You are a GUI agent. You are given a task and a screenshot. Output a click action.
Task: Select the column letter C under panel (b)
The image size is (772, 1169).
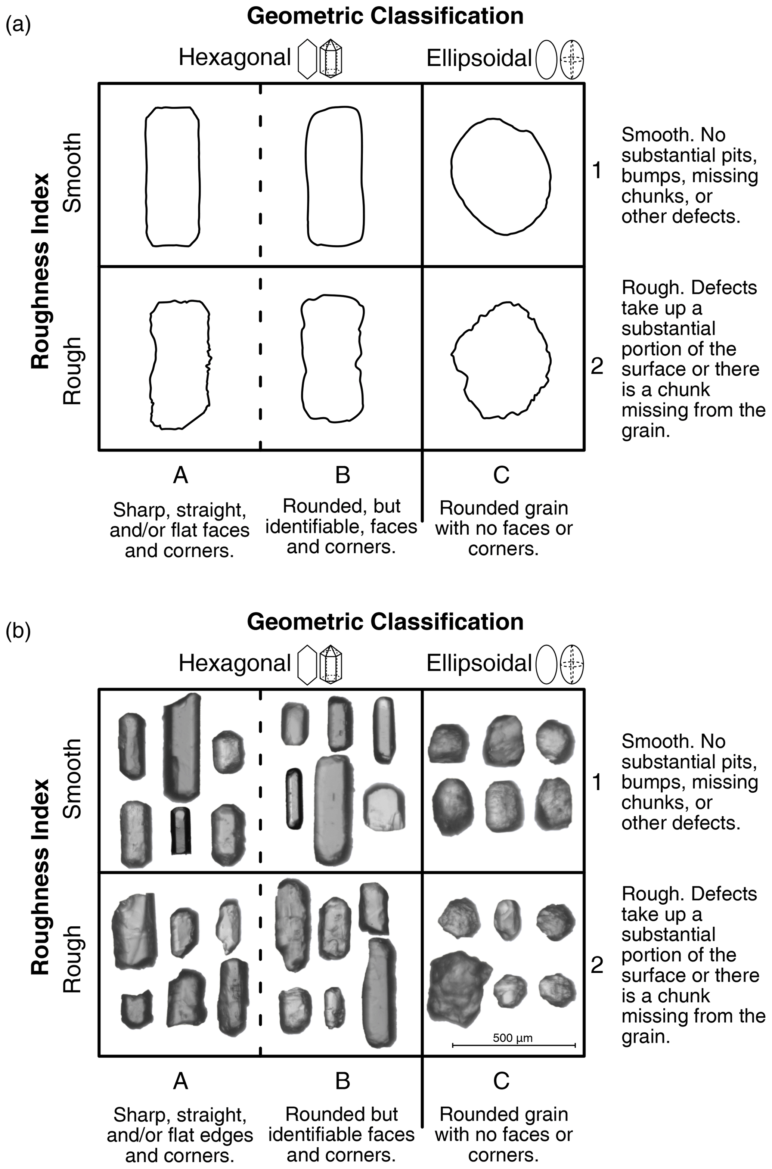pyautogui.click(x=501, y=1081)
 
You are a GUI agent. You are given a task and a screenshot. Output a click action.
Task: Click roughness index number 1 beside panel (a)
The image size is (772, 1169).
pyautogui.click(x=597, y=171)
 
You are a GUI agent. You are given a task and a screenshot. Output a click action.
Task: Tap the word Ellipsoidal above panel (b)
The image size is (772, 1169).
pyautogui.click(x=478, y=663)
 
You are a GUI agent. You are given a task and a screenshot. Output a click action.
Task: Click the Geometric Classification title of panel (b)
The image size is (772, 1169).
pyautogui.click(x=385, y=622)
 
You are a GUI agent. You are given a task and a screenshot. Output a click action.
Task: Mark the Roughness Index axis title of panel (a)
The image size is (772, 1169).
pyautogui.click(x=40, y=270)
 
